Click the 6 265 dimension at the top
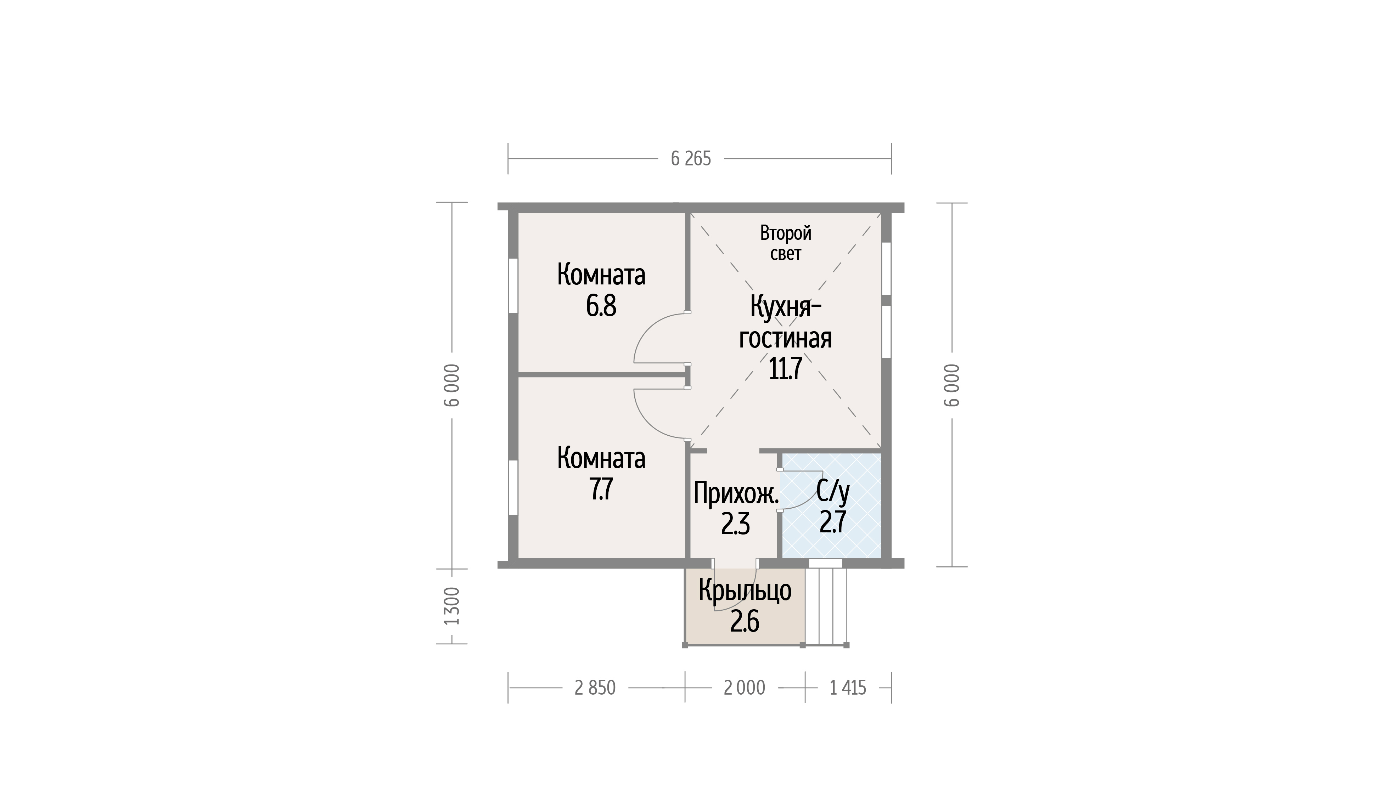point(691,159)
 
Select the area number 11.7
point(785,369)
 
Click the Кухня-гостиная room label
point(786,323)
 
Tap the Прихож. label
point(736,493)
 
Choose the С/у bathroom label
point(833,491)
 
